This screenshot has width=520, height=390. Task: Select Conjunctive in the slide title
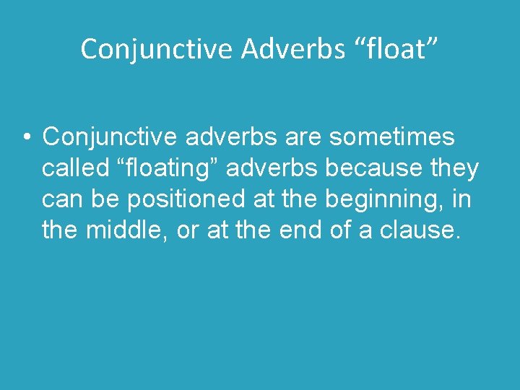click(157, 49)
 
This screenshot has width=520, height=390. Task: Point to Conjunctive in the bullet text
click(113, 136)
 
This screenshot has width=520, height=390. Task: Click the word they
click(454, 168)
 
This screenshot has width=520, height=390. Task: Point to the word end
click(318, 230)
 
